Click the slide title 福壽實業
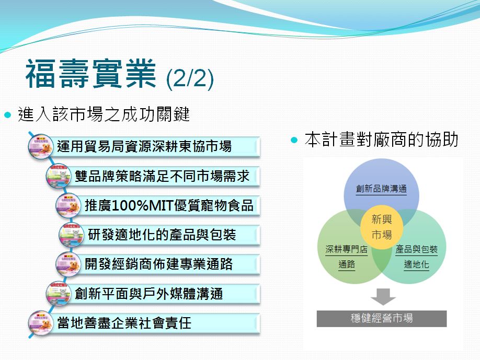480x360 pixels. coord(91,74)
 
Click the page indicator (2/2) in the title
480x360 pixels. coord(190,78)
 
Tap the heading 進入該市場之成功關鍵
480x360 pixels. coord(104,114)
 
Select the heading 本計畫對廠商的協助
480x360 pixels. coord(381,140)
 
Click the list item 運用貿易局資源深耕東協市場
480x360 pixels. coord(144,146)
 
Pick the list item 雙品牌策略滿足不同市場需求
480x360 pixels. coord(162,176)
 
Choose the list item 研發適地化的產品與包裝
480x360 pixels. coord(162,235)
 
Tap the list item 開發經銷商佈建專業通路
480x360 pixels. coord(158,264)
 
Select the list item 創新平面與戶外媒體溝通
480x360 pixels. coord(149,294)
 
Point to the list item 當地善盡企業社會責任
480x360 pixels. coord(124,323)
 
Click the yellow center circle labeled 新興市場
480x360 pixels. coord(381,227)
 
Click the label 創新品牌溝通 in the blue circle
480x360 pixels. coord(381,189)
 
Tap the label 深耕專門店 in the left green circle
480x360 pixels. coord(346,249)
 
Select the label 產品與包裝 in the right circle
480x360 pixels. coord(416,249)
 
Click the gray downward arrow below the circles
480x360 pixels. coord(383,296)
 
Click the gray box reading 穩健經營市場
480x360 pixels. coord(381,318)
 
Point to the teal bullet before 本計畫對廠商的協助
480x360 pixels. coord(294,140)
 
